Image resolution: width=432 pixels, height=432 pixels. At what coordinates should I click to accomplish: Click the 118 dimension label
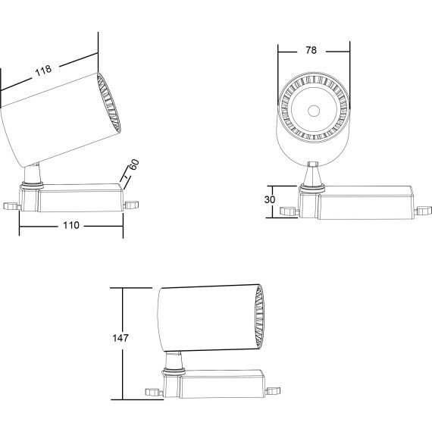tap(43, 70)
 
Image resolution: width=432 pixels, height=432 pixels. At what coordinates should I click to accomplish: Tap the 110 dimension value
tap(71, 225)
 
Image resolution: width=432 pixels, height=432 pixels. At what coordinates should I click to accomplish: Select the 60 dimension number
tap(134, 164)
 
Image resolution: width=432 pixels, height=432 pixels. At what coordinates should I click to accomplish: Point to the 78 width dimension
tap(311, 50)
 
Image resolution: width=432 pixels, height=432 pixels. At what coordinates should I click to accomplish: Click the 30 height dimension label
tap(270, 199)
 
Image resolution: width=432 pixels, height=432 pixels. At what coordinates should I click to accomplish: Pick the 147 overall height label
tap(121, 338)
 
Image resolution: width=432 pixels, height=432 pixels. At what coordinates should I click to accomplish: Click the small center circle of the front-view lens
tap(314, 111)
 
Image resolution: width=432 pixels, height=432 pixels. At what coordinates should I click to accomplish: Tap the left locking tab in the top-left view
tap(11, 206)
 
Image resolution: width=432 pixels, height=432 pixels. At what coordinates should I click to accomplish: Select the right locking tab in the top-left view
tap(132, 205)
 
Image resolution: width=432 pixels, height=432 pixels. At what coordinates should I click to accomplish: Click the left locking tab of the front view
tap(290, 211)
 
